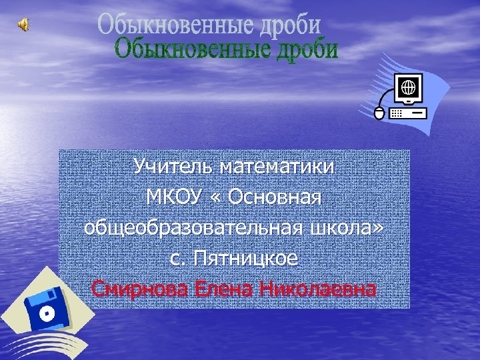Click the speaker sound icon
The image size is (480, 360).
coord(23,25)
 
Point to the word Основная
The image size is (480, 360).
coord(279,197)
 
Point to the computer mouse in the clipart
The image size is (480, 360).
coord(379,114)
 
